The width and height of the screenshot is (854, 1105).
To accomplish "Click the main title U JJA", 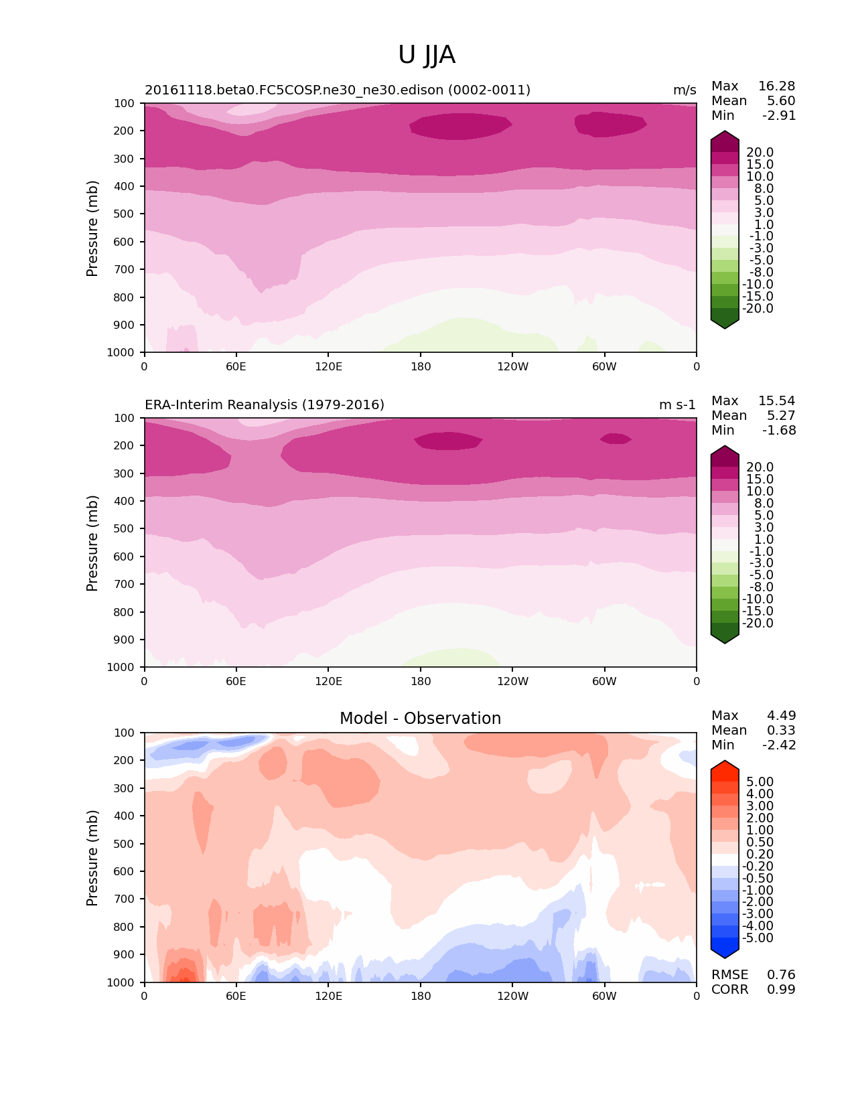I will point(427,55).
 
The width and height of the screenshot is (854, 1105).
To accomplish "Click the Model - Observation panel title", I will point(420,719).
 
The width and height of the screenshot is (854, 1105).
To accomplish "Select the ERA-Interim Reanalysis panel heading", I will point(265,405).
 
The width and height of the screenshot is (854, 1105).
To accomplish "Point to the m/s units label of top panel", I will point(685,90).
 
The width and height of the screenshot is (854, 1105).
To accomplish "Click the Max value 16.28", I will point(776,86).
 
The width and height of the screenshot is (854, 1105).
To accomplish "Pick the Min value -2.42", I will point(779,745).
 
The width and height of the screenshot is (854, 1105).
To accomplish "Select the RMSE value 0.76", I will point(781,975).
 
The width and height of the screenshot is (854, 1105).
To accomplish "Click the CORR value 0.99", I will point(781,990).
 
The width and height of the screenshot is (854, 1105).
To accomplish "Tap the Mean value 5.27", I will point(781,416).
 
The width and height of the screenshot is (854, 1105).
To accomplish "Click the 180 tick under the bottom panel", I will point(421,997).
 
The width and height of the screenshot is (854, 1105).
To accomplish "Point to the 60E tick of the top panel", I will point(236,367).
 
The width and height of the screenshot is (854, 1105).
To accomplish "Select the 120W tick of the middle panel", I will point(512,682).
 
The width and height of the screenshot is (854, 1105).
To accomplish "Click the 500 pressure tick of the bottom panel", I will point(126,844).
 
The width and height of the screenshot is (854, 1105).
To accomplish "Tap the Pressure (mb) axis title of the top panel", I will point(92,228).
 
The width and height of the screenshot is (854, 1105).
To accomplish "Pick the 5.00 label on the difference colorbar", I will point(760,782).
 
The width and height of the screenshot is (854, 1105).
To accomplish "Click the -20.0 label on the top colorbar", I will point(758,309).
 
